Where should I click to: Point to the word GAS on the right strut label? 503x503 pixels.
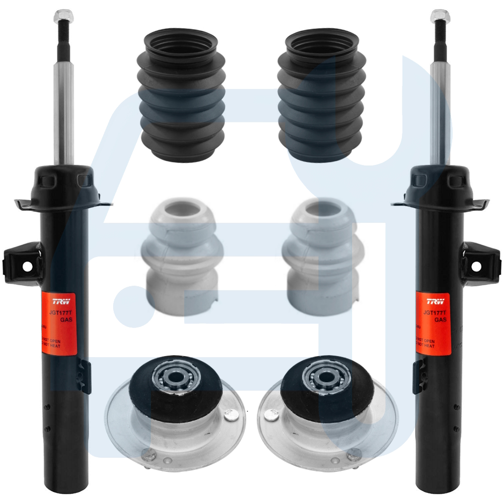[440, 319]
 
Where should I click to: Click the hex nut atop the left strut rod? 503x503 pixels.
[62, 16]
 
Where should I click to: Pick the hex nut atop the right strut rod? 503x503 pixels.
[439, 16]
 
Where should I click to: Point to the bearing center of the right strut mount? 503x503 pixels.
[320, 374]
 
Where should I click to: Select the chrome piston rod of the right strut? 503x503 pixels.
[440, 116]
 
